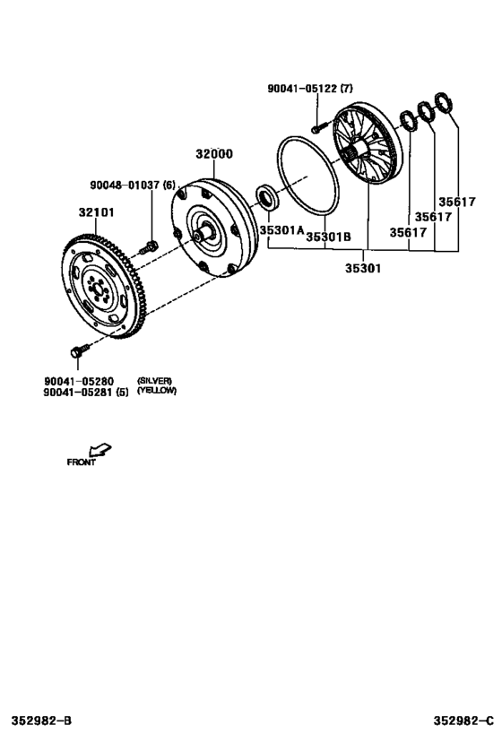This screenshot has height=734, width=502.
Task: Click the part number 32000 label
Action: click(214, 154)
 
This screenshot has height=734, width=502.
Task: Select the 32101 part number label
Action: click(97, 212)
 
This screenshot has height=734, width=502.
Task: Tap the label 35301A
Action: click(282, 229)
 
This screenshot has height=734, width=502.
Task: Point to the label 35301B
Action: click(328, 237)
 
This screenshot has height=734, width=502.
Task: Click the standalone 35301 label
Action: click(363, 269)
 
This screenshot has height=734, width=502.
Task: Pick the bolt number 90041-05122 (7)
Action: click(310, 88)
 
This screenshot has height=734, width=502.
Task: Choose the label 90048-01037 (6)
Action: click(133, 186)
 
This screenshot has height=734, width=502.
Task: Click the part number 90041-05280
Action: click(79, 382)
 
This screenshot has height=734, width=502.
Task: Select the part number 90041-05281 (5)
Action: click(86, 393)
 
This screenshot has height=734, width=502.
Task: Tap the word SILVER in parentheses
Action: click(154, 381)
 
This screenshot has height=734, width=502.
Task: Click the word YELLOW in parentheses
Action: click(157, 391)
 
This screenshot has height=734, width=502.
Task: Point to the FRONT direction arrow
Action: click(100, 449)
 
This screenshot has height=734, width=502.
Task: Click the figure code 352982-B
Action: click(41, 720)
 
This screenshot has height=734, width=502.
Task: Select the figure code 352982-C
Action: click(463, 720)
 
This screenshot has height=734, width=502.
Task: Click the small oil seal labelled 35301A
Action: click(267, 197)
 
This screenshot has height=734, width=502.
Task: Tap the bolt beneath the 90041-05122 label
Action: click(317, 127)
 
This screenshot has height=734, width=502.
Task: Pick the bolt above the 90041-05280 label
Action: click(80, 350)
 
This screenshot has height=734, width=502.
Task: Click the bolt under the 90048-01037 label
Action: click(149, 247)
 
